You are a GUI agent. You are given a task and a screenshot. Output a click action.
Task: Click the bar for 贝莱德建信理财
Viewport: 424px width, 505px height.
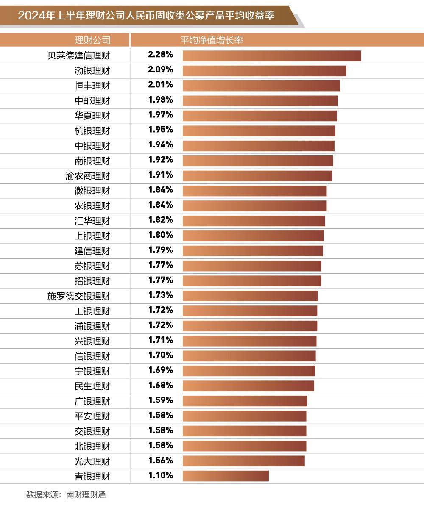coord(271,56)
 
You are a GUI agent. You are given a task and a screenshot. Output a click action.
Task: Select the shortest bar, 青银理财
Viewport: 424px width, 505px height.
coord(226,476)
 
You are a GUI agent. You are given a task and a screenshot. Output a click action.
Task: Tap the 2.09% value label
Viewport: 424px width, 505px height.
coord(160,69)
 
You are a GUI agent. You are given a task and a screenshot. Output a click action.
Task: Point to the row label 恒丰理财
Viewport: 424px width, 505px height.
coord(92,86)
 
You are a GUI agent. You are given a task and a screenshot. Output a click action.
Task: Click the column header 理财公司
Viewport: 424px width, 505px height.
coord(92,40)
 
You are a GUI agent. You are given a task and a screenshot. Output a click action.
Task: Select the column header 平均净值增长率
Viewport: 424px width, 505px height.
coord(212,40)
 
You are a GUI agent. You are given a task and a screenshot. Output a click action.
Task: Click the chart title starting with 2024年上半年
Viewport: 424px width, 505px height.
coord(146,16)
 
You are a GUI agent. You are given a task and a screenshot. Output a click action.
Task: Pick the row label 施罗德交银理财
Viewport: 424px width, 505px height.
coord(78,296)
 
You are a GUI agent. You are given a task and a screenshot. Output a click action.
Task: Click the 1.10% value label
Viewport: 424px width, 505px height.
coord(160,475)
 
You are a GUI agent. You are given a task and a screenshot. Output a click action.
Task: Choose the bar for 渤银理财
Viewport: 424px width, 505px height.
coord(264,71)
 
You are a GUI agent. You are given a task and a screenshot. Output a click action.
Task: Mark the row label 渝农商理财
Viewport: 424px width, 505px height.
coord(87,176)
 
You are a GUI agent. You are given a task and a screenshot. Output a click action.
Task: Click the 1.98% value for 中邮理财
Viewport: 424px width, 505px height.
coord(160,100)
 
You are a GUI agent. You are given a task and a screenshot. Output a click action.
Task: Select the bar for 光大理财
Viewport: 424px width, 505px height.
coord(243,461)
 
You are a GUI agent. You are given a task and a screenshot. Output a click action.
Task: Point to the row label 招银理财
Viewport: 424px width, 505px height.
coord(92,281)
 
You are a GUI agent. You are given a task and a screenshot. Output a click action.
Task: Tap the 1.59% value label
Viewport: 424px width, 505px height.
coord(160,400)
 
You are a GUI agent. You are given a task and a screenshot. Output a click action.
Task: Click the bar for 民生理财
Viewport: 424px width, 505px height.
coord(248,386)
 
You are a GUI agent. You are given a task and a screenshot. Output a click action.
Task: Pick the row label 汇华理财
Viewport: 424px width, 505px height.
coord(92,221)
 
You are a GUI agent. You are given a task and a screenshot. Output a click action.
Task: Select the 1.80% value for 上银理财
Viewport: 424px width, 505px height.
coord(160,235)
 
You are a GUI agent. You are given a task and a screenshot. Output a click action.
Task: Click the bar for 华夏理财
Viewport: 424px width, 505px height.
coord(259,116)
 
